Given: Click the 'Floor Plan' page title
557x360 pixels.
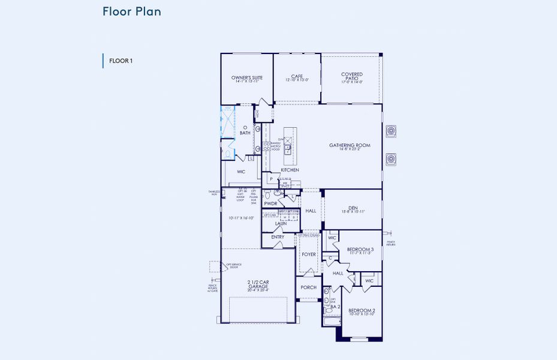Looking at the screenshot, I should point(131,11).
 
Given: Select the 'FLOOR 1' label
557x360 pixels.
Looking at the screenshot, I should point(121,61).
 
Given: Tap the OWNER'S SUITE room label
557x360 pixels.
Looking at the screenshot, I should point(246,78).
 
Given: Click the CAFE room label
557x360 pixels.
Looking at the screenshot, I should point(297,77).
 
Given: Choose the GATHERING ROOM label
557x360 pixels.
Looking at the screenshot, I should point(350,145).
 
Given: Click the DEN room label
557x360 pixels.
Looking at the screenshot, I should point(353,208).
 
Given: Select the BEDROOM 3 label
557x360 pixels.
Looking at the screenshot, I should point(360,249).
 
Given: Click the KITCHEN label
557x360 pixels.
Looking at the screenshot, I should point(290,170).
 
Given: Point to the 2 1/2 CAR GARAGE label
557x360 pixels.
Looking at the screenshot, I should point(258,284).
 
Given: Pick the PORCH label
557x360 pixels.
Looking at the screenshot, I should point(308,287).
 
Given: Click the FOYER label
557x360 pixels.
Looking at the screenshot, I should point(309,254).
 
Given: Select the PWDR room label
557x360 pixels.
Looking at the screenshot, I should point(270,203).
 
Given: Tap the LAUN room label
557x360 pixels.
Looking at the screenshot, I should point(281,224).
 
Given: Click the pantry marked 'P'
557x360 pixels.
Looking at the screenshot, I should point(271,179).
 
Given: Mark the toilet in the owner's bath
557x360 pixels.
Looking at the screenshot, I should point(228,154).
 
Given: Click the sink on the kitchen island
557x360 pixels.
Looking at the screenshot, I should point(288,147).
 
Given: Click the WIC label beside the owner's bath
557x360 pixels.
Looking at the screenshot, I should point(241,172).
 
